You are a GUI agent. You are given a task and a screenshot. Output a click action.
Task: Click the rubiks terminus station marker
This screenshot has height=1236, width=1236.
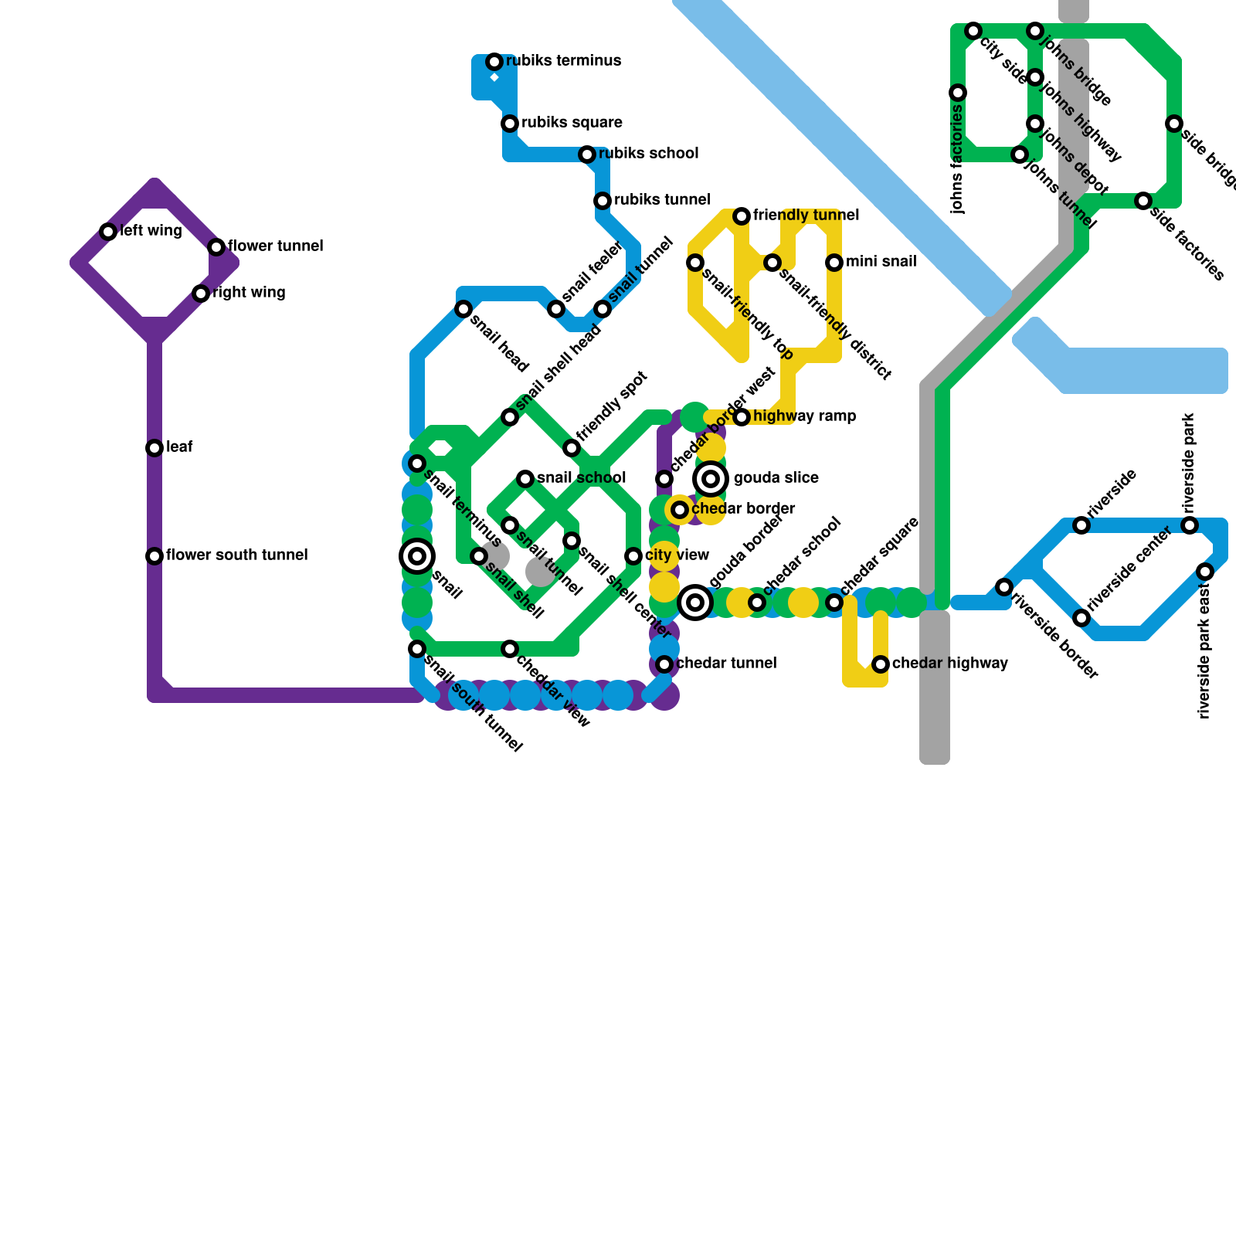coord(494,62)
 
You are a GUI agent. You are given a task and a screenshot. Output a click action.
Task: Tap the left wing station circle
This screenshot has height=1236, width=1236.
coord(108,232)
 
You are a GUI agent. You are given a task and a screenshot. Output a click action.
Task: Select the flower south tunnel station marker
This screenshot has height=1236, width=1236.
coord(154,556)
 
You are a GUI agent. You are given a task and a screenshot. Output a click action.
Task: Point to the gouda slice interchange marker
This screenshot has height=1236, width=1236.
coord(711,479)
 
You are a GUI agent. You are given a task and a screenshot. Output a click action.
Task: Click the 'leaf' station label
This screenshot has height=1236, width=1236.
coord(179,447)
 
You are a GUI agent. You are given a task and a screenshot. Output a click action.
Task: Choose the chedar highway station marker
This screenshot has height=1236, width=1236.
coord(881,664)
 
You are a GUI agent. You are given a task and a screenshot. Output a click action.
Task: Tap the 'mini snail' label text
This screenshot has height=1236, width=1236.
coord(881,262)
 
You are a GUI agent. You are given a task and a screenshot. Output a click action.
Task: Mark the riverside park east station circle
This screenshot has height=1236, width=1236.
coord(1205,572)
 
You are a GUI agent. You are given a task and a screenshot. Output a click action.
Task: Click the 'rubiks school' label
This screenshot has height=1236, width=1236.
coord(648,154)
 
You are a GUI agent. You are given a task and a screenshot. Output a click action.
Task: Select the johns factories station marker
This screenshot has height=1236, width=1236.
coord(958,93)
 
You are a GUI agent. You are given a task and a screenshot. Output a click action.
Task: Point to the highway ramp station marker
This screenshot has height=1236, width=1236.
coord(742,417)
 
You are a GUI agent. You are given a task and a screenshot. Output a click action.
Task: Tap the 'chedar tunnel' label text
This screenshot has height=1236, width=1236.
coord(726,664)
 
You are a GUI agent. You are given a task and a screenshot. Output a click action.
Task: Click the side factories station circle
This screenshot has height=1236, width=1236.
coord(1143,201)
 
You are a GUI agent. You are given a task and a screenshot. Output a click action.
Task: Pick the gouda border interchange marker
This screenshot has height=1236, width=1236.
coord(695,603)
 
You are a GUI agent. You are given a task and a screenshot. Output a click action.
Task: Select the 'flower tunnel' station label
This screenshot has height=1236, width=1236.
coord(275,246)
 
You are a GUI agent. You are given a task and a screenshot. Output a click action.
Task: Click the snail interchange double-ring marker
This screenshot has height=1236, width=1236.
coord(417,556)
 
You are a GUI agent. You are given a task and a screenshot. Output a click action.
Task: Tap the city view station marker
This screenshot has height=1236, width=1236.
coord(633,556)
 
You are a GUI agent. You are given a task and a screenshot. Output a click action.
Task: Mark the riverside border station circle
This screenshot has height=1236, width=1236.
coord(1004,587)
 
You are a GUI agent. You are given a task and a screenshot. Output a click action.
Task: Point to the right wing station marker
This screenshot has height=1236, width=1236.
coord(201,294)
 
